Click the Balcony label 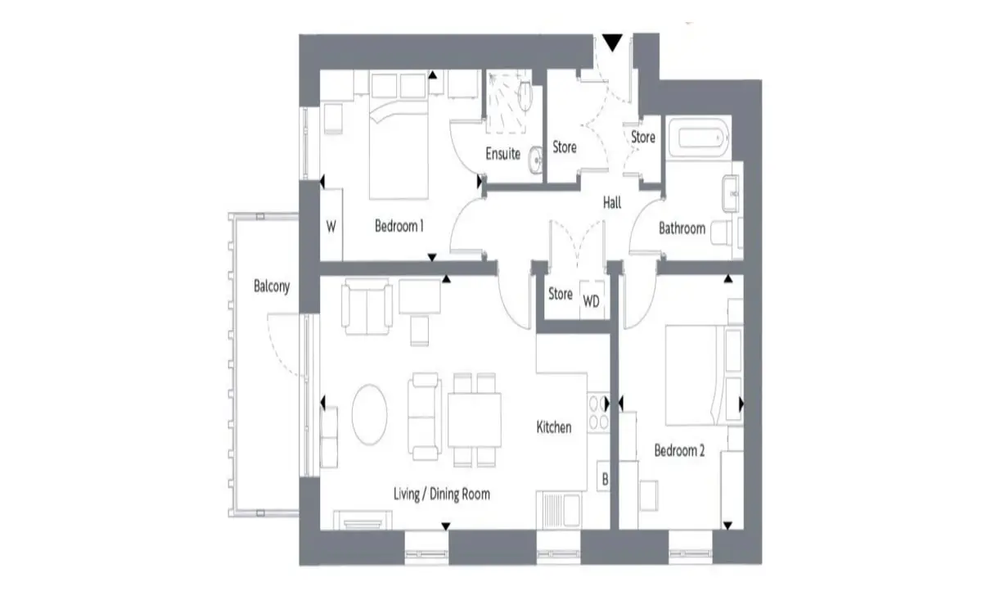point(272,286)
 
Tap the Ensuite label point(502,154)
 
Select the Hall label point(612,203)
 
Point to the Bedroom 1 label point(399,226)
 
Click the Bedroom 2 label point(679,450)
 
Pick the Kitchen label point(554,427)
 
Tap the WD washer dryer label point(591,301)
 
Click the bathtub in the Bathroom point(699,138)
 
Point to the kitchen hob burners point(598,413)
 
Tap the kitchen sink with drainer point(559,510)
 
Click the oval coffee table point(370,415)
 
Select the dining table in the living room point(475,420)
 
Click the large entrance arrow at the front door point(612,43)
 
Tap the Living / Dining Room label point(441,494)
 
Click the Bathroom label point(682,228)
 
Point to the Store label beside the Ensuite point(564,147)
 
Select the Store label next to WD point(561,293)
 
